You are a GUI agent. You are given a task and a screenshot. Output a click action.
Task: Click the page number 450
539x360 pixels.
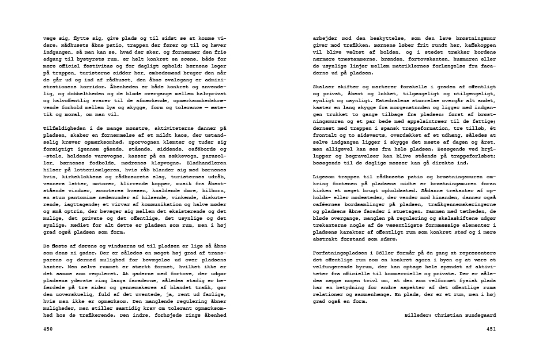coord(48,329)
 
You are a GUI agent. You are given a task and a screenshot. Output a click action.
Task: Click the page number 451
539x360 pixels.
coord(491,329)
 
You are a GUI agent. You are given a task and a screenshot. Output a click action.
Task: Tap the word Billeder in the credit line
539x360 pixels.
coord(416,315)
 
